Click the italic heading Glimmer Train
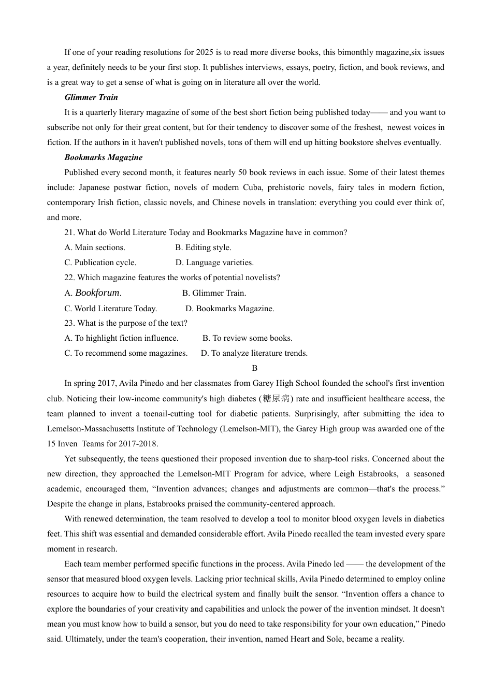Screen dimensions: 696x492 pos(91,97)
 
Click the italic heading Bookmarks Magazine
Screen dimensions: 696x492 pos(103,157)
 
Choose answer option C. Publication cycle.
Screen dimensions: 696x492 pos(100,263)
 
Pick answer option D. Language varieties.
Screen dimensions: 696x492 pos(214,263)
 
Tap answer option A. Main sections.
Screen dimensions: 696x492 pos(95,248)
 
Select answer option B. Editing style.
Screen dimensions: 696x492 pos(203,248)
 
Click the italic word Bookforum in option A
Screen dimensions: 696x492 pos(97,293)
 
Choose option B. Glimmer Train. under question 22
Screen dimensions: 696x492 pos(214,293)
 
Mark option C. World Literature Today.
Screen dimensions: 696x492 pos(110,309)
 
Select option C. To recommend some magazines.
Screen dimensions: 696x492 pos(126,353)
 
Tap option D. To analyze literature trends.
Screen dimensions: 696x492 pos(254,353)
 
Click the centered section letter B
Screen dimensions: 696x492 pos(254,368)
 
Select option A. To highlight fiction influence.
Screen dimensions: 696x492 pos(121,338)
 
